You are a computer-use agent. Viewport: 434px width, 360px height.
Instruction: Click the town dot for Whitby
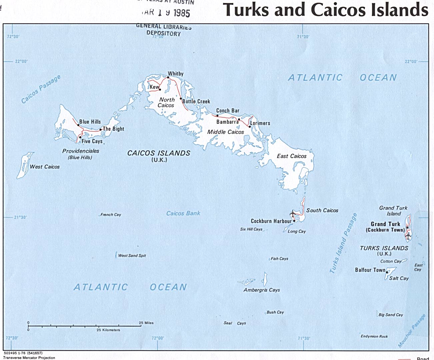168,78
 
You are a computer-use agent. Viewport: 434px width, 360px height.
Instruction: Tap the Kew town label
154,87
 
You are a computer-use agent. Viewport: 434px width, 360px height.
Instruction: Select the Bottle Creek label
196,101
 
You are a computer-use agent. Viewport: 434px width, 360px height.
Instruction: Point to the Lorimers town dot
250,127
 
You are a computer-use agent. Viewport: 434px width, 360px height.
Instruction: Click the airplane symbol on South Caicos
293,213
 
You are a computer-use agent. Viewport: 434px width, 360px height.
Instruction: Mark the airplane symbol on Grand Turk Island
408,236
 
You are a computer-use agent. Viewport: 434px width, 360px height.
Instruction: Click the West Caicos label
45,167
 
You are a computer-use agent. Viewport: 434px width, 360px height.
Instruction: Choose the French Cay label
111,215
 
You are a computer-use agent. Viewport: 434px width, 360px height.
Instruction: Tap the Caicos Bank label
183,213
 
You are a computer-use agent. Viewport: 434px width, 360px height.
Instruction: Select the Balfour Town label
370,270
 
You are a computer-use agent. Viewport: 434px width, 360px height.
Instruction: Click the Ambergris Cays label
262,290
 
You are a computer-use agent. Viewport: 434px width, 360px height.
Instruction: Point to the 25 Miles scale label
146,323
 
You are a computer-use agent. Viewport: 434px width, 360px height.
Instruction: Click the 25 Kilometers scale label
108,330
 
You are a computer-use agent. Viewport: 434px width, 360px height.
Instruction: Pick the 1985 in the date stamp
181,13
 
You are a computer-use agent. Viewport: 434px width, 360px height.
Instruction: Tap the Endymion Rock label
374,336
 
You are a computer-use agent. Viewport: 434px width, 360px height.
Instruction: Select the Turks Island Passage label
343,243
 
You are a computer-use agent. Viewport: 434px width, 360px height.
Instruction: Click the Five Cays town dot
80,137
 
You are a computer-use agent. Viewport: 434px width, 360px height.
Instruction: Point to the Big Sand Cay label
391,315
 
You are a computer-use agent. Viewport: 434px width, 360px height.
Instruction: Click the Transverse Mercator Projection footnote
29,358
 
